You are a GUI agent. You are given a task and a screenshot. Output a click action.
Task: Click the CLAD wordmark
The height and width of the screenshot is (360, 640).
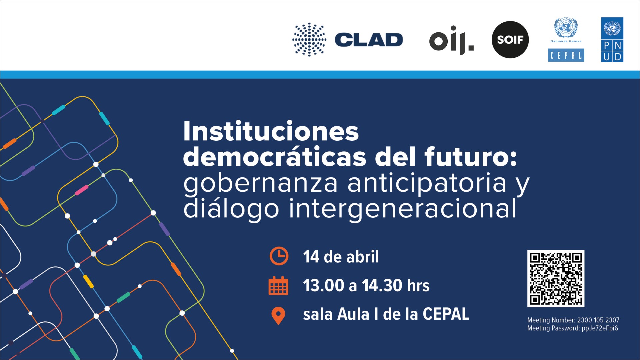pos(369,40)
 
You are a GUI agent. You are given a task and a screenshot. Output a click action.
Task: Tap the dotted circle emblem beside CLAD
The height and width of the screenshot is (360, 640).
pos(309,39)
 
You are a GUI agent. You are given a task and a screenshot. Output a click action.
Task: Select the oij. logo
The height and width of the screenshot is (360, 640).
pos(451,40)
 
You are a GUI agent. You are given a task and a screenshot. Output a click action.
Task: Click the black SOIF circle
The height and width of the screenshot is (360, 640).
pos(510,40)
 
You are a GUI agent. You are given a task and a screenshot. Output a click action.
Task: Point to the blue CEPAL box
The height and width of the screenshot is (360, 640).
pos(566,55)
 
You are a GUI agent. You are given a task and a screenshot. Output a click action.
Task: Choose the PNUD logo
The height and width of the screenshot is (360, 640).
pos(612,40)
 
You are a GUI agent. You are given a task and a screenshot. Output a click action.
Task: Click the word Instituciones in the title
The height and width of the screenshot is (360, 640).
pos(271,131)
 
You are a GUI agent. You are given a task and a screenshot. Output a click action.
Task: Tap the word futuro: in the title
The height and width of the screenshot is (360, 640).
pos(471,157)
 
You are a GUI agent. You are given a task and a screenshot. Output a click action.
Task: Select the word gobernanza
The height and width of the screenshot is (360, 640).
pos(261,184)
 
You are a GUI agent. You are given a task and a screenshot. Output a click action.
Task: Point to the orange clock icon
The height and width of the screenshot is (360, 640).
pos(279,256)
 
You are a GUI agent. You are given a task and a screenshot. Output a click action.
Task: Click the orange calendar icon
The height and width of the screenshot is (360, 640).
pos(278,286)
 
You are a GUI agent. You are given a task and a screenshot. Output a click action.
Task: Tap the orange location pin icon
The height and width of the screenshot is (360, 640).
pos(278,315)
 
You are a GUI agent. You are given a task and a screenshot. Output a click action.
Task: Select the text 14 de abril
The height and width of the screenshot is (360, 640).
pos(341,257)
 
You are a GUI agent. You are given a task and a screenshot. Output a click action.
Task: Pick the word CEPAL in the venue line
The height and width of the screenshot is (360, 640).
pos(446,314)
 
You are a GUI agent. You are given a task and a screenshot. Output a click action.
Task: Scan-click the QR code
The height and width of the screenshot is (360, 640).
pos(556,279)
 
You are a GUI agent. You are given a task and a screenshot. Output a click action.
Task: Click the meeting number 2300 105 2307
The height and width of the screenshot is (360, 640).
pos(598,320)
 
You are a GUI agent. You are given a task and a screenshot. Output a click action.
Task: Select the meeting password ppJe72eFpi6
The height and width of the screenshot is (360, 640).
pos(600,328)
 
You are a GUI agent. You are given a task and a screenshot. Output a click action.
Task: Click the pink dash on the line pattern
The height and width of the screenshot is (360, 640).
pos(82,190)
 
